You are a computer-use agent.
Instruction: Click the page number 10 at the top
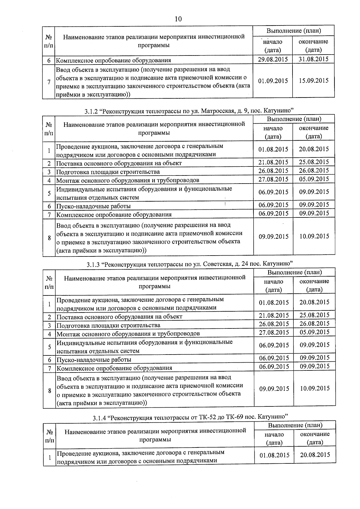click(x=178, y=19)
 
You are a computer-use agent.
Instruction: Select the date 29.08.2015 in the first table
click(x=273, y=59)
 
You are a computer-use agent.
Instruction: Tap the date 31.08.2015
click(x=313, y=59)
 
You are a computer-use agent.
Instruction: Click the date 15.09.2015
click(x=313, y=81)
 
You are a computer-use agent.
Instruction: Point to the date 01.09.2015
click(x=273, y=81)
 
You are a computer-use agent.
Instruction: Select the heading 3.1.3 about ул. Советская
click(x=190, y=264)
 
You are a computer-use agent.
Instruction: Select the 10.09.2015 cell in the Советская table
click(x=315, y=388)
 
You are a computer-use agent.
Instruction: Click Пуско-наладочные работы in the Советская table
click(x=94, y=360)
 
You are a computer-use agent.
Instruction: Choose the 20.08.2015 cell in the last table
click(x=315, y=455)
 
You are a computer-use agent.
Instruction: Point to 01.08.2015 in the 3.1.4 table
click(x=274, y=455)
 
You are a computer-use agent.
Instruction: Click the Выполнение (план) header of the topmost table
click(x=294, y=31)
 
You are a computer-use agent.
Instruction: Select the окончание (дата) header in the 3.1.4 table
click(x=315, y=438)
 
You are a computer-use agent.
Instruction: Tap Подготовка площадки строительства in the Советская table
click(x=108, y=325)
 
